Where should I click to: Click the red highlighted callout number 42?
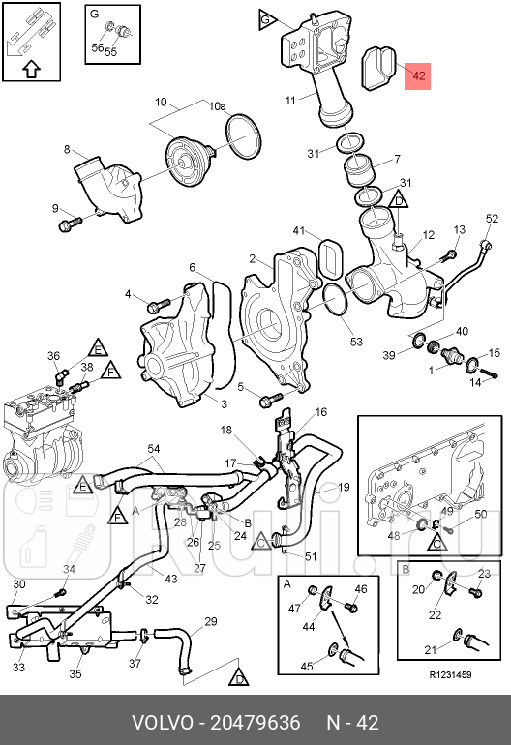tap(418, 76)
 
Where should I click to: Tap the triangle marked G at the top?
tap(267, 20)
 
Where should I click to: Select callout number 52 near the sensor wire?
tap(492, 218)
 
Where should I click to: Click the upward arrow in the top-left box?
tap(31, 70)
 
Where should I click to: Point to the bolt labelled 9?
tap(70, 223)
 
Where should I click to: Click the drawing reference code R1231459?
tap(450, 675)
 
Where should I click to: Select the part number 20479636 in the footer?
tap(255, 723)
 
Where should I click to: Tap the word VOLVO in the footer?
tap(163, 723)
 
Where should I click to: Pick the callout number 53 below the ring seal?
tap(356, 342)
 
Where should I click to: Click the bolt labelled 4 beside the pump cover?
tap(159, 305)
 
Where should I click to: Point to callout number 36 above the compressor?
tap(54, 356)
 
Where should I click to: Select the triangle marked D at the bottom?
tap(239, 676)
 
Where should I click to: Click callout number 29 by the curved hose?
tap(211, 621)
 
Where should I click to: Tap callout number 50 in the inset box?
tap(481, 514)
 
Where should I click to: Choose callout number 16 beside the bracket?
tap(321, 412)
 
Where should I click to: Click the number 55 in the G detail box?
tap(110, 51)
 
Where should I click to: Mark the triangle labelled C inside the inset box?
tap(436, 542)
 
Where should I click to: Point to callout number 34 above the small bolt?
tap(69, 569)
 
